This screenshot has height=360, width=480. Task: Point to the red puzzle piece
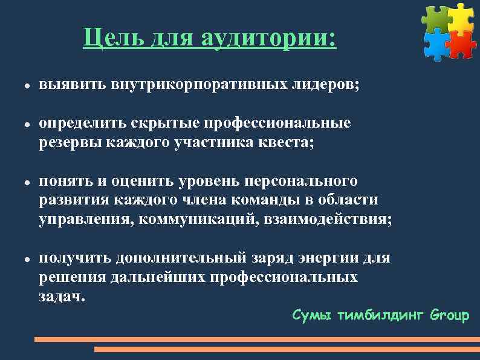(x=462, y=44)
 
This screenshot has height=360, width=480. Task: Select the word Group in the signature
(x=450, y=315)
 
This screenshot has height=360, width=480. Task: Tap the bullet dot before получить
(x=21, y=259)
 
